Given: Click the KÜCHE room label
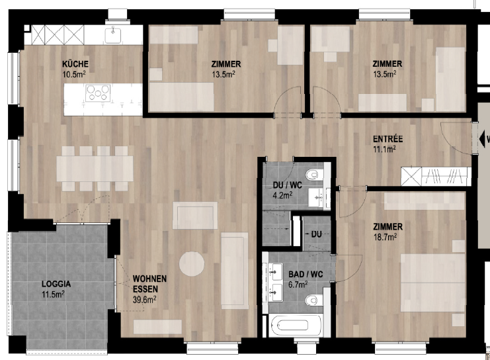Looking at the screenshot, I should (75, 64).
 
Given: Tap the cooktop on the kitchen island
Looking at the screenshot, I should (97, 93).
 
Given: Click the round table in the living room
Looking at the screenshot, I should (192, 265).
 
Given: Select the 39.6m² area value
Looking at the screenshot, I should (144, 299).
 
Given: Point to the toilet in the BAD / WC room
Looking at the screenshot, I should (313, 301).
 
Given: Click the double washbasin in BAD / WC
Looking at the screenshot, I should (273, 279).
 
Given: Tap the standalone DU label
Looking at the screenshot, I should (316, 234).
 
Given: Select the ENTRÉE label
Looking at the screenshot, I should (388, 140).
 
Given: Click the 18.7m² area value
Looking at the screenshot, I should (387, 236).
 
